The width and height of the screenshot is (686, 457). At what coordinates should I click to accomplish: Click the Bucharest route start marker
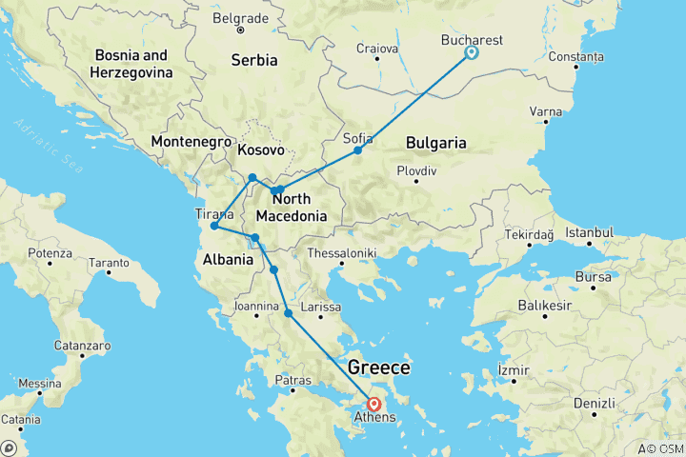pos(470,53)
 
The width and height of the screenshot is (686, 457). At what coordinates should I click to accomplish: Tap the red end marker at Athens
pos(374,404)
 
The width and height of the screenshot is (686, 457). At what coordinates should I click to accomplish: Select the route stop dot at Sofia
pos(358,150)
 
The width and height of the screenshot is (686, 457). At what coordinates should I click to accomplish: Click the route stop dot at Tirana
pos(214,227)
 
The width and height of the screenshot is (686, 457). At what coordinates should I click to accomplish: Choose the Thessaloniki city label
pos(342,253)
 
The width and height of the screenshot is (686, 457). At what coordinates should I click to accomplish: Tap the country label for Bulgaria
pos(435,143)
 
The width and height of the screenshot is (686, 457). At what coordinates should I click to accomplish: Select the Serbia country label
pos(254,60)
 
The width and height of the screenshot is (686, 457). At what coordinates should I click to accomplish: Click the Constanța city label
pos(575,57)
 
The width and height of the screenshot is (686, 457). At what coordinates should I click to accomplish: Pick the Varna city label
pos(546,111)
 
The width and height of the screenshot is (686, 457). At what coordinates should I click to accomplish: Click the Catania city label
pos(20,419)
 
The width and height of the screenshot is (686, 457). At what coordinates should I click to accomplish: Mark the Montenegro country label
pos(187,142)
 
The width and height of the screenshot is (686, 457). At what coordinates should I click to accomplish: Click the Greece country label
pos(379,368)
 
